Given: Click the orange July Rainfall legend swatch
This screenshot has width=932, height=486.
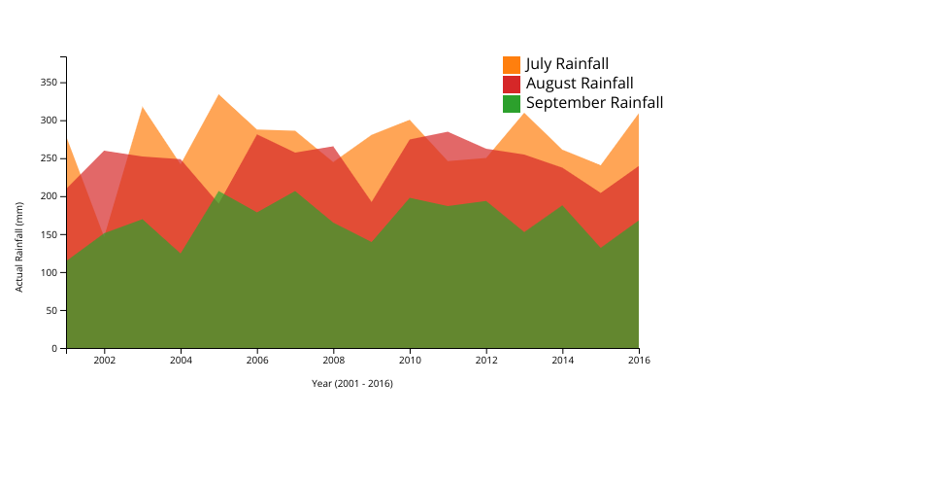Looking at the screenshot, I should [512, 65].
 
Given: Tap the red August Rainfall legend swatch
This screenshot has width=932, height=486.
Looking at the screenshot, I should [512, 85].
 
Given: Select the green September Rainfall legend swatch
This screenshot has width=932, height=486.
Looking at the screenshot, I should [512, 103].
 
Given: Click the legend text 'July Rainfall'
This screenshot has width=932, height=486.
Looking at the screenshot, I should [567, 64].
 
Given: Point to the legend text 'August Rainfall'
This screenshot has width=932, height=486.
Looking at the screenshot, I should [580, 84].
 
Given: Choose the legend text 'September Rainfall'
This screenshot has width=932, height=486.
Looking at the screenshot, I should [594, 103].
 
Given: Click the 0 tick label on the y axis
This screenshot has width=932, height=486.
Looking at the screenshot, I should [55, 348].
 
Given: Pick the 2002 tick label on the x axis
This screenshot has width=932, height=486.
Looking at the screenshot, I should [105, 361].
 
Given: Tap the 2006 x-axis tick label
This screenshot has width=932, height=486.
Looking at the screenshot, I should [257, 361].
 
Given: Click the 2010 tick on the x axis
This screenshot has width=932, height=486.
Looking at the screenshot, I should [410, 361].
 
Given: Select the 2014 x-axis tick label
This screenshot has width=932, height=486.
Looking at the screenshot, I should [562, 361].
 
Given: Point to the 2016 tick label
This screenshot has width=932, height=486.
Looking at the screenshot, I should [639, 361].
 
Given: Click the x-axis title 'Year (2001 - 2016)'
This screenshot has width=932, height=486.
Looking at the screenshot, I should [351, 383].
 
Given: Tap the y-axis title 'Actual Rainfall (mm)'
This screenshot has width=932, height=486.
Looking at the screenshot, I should [19, 247].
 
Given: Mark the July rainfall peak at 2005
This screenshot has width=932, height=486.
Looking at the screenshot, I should [218, 94].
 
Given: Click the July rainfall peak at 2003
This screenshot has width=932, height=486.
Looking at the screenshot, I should [143, 107].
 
